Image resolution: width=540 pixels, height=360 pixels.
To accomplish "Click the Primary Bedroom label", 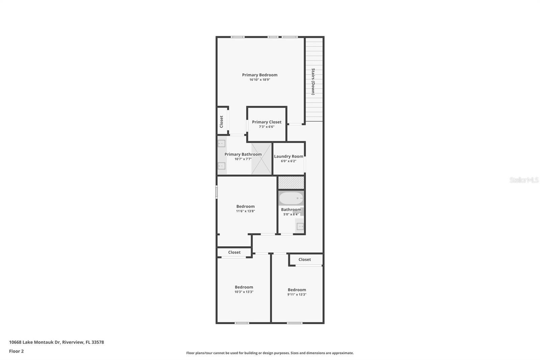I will (260, 75).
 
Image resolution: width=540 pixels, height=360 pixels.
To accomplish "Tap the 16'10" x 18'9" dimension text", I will (260, 80).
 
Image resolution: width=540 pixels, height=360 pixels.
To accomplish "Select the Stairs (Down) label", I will (313, 81).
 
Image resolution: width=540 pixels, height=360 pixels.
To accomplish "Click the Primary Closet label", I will (267, 122).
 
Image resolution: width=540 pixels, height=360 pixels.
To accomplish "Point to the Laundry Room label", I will (289, 156).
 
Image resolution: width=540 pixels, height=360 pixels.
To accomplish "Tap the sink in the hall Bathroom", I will (300, 226).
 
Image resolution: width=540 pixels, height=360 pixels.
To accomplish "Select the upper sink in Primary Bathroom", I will (221, 144).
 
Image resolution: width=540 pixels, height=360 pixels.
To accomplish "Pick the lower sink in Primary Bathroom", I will (221, 166).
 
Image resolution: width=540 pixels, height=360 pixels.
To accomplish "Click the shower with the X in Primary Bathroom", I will (262, 159).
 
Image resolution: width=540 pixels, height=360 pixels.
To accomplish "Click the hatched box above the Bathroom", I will (291, 183).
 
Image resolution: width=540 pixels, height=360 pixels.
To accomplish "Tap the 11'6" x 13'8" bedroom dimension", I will (245, 211).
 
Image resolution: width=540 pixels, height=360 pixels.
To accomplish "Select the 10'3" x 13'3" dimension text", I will (244, 292).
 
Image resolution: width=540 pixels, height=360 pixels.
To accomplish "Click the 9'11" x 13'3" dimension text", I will (297, 294).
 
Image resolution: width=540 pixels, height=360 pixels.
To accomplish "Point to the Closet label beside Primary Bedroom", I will (221, 122).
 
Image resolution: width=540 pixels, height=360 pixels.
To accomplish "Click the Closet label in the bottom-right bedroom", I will (304, 259).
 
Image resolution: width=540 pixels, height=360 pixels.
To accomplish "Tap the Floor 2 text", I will (16, 351).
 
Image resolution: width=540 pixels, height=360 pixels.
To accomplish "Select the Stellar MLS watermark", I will (524, 180).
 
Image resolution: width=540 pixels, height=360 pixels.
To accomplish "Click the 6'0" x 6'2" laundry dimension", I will (289, 161).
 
